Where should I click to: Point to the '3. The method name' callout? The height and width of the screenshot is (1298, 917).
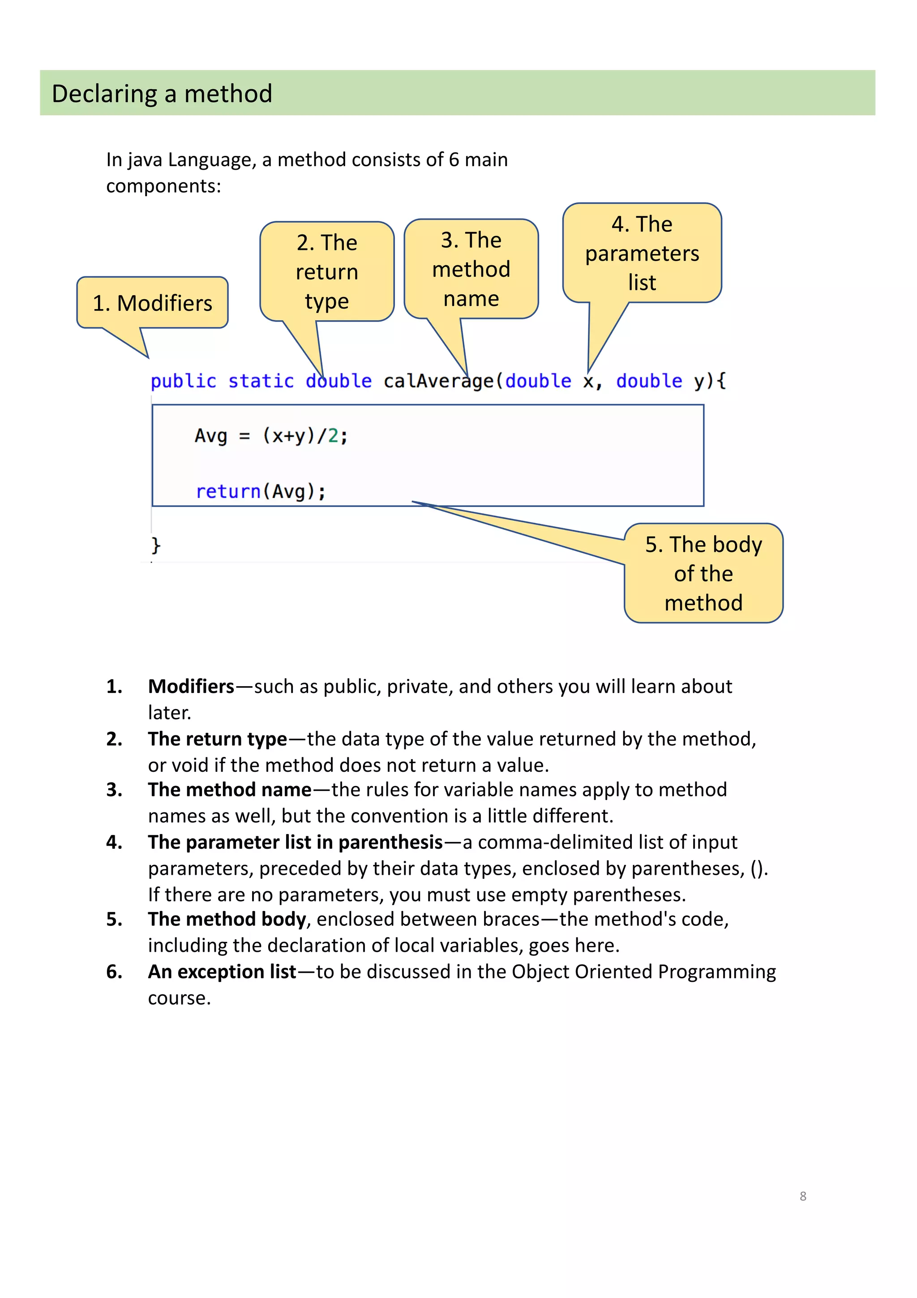(471, 269)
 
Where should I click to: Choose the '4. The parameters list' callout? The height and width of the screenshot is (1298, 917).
(642, 253)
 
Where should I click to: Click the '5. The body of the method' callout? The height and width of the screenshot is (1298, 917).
(703, 573)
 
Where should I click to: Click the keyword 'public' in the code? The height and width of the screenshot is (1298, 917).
(183, 381)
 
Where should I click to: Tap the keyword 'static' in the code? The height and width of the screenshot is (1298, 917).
(261, 381)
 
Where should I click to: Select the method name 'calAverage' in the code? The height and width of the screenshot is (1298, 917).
(438, 381)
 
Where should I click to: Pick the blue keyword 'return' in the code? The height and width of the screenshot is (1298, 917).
(228, 491)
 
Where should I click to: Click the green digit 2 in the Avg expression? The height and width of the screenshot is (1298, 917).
(333, 436)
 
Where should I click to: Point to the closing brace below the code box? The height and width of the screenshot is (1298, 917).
(156, 545)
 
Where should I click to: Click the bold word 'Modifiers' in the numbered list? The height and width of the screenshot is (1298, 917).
(191, 686)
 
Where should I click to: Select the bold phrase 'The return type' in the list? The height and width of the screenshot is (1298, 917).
(218, 739)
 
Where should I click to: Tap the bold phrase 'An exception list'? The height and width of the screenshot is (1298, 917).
(222, 972)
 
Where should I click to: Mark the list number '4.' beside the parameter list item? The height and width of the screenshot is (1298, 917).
(114, 842)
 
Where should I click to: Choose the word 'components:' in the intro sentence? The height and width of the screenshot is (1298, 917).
(163, 186)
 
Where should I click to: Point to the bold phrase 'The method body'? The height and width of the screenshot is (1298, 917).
(227, 919)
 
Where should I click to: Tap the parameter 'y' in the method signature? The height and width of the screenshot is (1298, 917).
(699, 382)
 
